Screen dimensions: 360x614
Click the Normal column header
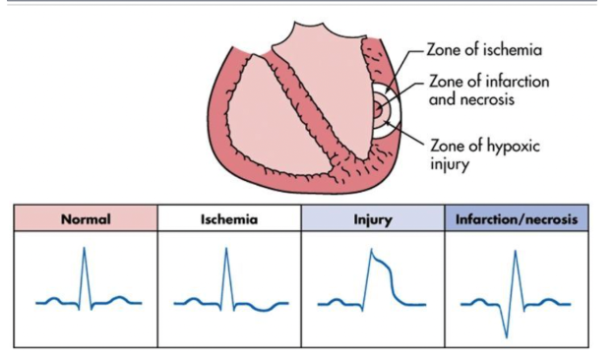tap(86, 218)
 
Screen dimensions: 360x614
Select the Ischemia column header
tap(227, 218)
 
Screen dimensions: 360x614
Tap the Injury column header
tap(373, 218)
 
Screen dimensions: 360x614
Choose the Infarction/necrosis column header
tap(517, 218)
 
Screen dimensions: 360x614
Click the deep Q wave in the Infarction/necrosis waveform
tap(507, 334)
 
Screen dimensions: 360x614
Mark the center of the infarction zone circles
tap(379, 112)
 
